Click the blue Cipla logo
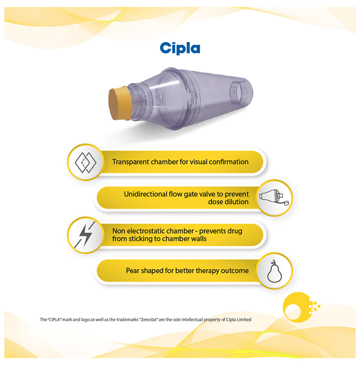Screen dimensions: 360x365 pos(180,48)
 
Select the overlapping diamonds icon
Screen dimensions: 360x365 pos(86,162)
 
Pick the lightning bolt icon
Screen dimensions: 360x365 pos(85,235)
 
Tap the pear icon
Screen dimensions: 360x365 pos(274,271)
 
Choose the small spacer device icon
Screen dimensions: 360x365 pos(274,198)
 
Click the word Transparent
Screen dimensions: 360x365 pos(130,162)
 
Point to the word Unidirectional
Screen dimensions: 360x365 pos(146,194)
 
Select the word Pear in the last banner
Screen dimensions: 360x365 pos(133,271)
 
